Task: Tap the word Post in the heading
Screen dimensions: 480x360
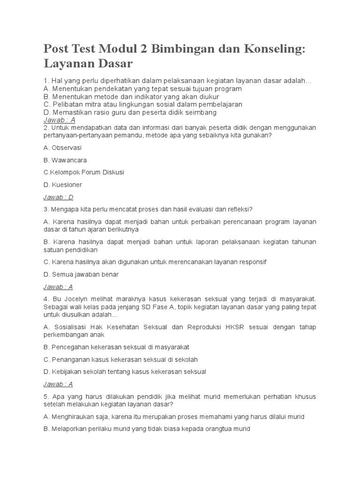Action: pos(58,48)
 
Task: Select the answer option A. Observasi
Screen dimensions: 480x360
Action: pos(62,148)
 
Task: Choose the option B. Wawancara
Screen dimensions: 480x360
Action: pos(65,160)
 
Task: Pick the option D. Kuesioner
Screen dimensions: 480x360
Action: pos(62,185)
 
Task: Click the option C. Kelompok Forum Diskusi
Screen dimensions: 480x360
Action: pos(83,172)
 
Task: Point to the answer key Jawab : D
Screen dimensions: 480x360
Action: pos(58,197)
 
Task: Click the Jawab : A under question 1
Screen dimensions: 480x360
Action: pos(59,120)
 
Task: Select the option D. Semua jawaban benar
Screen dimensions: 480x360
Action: pos(81,274)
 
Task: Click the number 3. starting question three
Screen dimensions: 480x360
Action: pos(46,209)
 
